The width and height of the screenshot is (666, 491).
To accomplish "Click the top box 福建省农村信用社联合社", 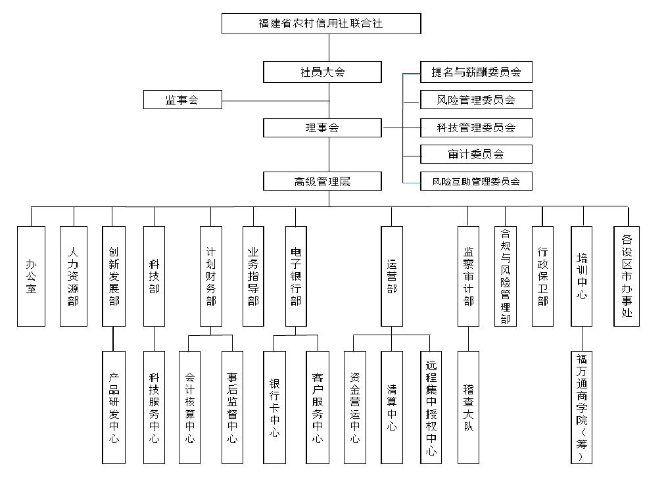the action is (x=321, y=24).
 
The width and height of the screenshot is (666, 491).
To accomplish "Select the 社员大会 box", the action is (x=322, y=72).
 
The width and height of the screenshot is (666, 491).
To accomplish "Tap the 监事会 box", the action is (x=183, y=99).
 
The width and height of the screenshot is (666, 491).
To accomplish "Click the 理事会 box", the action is (x=322, y=128).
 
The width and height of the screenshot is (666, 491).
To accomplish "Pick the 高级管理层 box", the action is (x=322, y=181).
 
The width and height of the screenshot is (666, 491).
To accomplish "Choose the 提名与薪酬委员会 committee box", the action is (x=476, y=72).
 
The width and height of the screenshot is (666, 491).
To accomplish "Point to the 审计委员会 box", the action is (x=476, y=154).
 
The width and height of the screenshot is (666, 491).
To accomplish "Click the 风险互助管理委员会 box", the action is (x=476, y=181).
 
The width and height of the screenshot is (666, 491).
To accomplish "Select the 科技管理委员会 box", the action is (x=476, y=128).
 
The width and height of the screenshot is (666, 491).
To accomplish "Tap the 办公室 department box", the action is (x=31, y=276).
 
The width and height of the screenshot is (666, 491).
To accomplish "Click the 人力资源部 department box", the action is (x=74, y=276).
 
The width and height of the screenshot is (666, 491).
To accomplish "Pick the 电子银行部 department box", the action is (x=296, y=276).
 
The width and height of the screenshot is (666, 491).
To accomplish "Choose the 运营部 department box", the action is (x=392, y=276).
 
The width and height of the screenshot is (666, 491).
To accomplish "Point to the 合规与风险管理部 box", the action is (x=506, y=276).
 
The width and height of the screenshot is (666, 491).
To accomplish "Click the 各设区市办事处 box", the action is (x=627, y=276).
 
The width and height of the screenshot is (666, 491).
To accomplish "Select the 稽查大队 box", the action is (x=468, y=408).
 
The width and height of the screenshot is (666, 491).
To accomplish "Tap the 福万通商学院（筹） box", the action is (x=581, y=408).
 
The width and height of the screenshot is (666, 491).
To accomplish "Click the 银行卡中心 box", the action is (x=274, y=408).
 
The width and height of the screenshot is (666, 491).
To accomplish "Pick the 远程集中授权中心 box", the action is (x=431, y=408).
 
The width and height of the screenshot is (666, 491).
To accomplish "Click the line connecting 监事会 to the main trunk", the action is (x=276, y=101).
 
